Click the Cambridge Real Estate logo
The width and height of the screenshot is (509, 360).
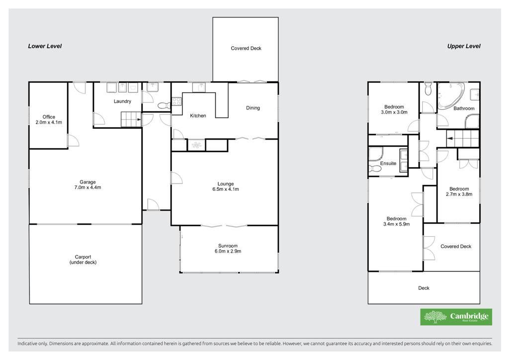coord(456,317)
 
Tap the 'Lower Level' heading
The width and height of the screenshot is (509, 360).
coord(45,46)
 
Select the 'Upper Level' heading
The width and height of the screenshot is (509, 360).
coord(464,46)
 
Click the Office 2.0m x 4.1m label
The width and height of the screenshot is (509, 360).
coord(49,119)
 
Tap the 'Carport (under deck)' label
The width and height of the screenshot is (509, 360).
coord(83,260)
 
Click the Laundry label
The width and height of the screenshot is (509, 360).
coord(122,101)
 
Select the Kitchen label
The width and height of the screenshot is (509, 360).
coord(198,115)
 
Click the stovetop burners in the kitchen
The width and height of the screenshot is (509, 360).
coord(176,101)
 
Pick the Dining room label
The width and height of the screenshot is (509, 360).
coord(253,108)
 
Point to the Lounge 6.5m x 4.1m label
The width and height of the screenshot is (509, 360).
coord(226,186)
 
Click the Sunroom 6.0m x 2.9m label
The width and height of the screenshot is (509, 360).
coord(228,248)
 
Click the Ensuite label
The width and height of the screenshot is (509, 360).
coord(388,163)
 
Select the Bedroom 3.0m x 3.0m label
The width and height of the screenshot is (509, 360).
coord(394,109)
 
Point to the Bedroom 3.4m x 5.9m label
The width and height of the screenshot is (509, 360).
coord(396,221)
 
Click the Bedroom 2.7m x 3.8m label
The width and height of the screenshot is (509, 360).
coord(459,191)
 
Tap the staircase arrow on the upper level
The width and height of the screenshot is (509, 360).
coord(450,138)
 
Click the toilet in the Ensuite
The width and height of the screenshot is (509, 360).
coord(375,169)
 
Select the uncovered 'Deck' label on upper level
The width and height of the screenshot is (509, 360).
coord(424,288)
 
